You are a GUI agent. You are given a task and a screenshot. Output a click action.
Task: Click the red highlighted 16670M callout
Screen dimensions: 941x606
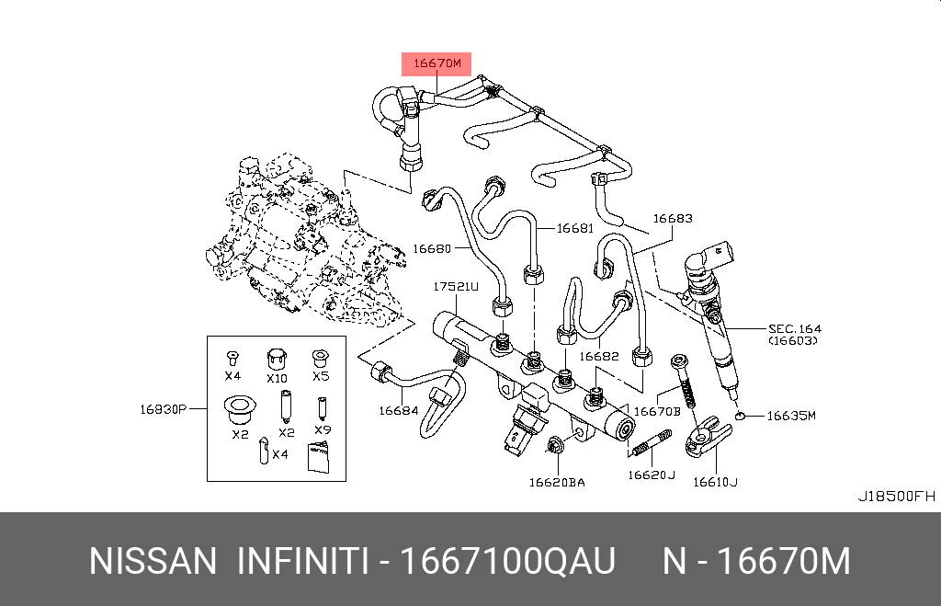pos(436,63)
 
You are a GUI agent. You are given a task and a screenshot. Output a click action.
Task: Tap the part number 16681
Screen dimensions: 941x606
pos(574,228)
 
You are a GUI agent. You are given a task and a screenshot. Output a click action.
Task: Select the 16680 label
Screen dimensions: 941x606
pos(432,248)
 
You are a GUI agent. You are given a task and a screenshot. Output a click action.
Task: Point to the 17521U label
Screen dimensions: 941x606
pos(456,287)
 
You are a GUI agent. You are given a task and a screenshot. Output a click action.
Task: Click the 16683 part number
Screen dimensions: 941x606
pos(673,219)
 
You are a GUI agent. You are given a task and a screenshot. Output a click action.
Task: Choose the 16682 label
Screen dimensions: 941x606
pos(598,357)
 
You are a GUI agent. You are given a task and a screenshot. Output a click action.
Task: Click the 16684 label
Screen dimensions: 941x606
pos(399,411)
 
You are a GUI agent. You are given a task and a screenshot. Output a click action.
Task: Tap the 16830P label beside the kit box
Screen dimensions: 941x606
pos(164,409)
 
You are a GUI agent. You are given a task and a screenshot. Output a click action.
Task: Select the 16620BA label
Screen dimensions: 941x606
pos(557,482)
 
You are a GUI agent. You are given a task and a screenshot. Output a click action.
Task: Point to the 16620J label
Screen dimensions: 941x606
pos(652,475)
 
